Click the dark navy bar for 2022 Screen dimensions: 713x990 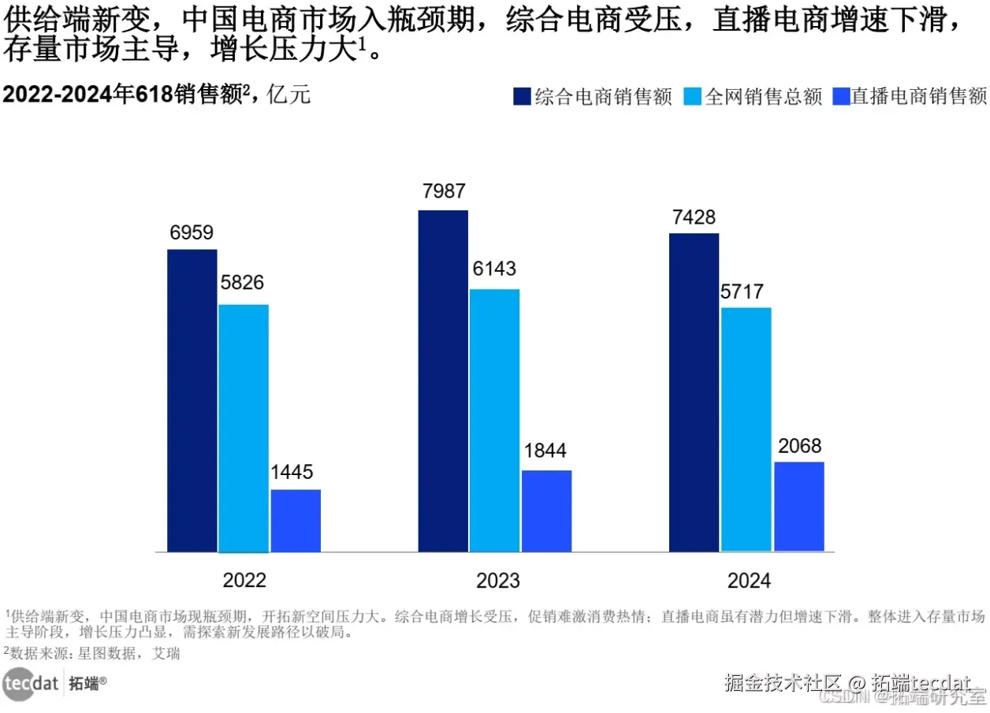pos(192,400)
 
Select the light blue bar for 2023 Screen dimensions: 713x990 pos(494,420)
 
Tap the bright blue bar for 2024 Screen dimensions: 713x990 pos(798,506)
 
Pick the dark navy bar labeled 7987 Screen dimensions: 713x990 pos(443,381)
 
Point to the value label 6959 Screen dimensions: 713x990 pos(192,233)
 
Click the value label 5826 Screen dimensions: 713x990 pos(242,283)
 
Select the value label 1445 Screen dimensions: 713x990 pos(292,473)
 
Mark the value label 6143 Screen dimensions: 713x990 pos(494,269)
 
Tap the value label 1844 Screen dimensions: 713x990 pos(545,451)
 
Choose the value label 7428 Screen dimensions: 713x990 pos(694,217)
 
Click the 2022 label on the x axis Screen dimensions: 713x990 pos(244,581)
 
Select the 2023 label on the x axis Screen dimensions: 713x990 pos(498,581)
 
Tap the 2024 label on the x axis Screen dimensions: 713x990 pos(749,581)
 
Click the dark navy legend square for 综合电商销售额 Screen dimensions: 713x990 pos(522,96)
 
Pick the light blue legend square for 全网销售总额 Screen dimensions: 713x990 pos(692,96)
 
